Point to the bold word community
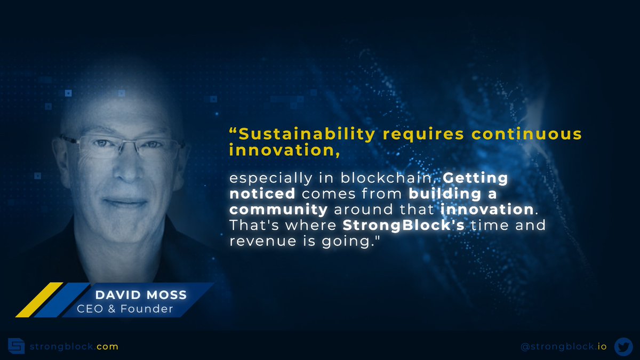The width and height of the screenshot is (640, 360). point(278,209)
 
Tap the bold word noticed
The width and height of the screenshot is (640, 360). point(262,193)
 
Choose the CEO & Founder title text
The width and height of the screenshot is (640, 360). point(125,309)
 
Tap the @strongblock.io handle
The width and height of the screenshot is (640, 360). point(563,347)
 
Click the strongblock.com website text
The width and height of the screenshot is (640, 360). point(74,347)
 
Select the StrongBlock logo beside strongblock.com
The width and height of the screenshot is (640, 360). point(17,346)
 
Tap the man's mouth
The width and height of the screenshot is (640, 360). point(124,203)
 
